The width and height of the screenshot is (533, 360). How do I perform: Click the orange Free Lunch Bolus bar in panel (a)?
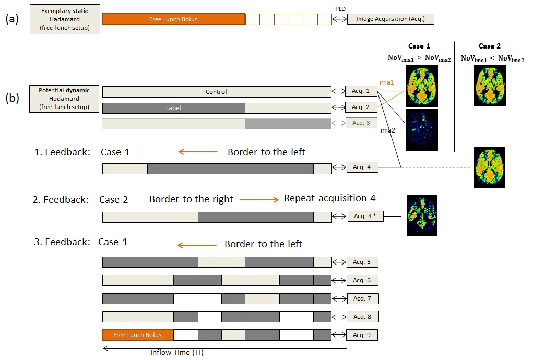tap(173, 19)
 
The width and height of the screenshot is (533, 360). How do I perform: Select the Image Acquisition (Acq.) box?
tap(390, 19)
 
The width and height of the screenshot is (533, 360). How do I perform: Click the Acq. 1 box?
tap(361, 92)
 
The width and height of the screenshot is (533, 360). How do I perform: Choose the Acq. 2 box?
tap(361, 107)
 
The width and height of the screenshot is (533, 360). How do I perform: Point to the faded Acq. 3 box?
tap(361, 123)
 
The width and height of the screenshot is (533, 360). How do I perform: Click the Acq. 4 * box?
tap(365, 216)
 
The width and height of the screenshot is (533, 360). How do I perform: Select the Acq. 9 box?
tap(362, 334)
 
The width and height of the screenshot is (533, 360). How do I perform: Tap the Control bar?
tap(216, 92)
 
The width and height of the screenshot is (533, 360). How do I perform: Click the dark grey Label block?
tap(173, 108)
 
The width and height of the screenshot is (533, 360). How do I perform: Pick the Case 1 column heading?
tap(419, 46)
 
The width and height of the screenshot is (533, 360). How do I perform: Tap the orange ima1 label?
tap(387, 82)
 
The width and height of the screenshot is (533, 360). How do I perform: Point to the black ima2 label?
tap(387, 131)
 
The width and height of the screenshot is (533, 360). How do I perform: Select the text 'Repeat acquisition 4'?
tap(329, 199)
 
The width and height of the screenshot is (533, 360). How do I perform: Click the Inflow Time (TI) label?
tap(177, 352)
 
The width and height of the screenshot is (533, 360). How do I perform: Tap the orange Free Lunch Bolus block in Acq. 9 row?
tap(137, 334)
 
